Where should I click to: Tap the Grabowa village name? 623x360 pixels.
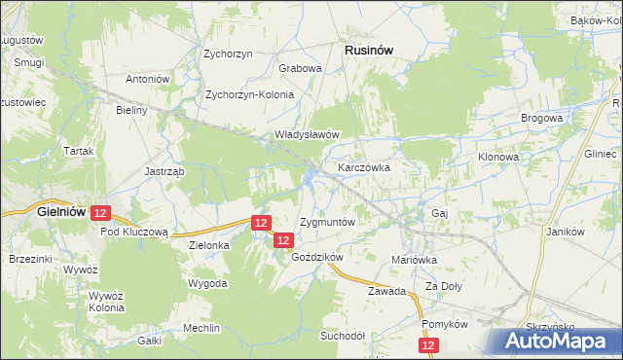[300, 69]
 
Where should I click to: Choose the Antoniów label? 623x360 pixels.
[148, 79]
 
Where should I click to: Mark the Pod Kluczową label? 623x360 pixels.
[135, 233]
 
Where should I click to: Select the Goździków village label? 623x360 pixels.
[318, 257]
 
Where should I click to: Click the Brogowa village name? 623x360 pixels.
[542, 118]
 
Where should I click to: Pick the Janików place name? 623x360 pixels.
[565, 232]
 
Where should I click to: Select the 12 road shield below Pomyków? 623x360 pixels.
[429, 345]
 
